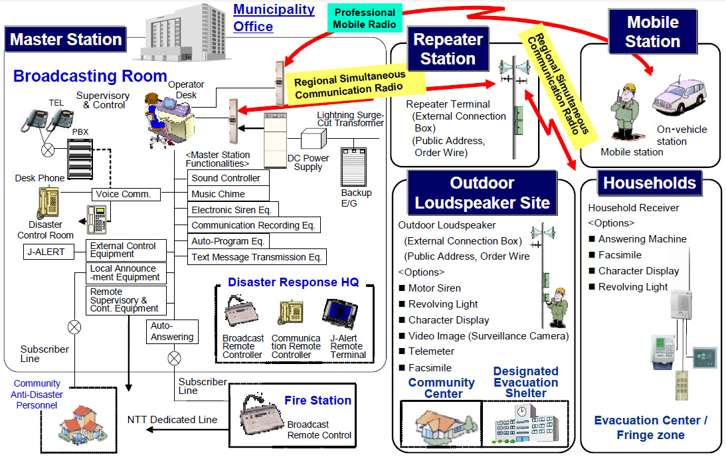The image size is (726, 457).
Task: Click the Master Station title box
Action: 66,39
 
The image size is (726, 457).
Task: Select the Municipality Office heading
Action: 274,18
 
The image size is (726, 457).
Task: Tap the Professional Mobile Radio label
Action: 365,19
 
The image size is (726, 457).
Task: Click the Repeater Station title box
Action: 448,48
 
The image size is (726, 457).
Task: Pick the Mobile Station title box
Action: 652,31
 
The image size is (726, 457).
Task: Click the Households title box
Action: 649,183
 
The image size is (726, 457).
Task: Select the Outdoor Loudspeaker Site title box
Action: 482,193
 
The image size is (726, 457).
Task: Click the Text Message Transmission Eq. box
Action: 256,257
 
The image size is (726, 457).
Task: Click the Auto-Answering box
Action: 172,331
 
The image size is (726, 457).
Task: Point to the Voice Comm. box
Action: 126,194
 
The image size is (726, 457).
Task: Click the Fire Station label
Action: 318,401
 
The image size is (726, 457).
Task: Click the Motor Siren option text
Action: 434,288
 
